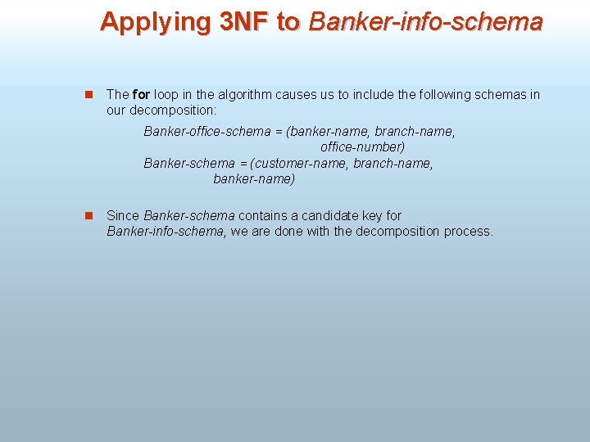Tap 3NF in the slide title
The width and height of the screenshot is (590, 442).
pyautogui.click(x=245, y=22)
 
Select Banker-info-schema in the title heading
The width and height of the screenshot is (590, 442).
pyautogui.click(x=425, y=22)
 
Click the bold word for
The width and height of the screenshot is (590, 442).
pyautogui.click(x=140, y=95)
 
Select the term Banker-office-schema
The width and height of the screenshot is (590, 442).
pyautogui.click(x=206, y=132)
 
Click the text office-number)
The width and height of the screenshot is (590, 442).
pyautogui.click(x=362, y=147)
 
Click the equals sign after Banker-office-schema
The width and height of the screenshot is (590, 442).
pyautogui.click(x=278, y=132)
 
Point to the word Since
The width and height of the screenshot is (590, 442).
pyautogui.click(x=123, y=216)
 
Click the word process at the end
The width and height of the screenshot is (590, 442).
pyautogui.click(x=468, y=232)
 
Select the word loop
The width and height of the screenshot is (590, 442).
pyautogui.click(x=166, y=95)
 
